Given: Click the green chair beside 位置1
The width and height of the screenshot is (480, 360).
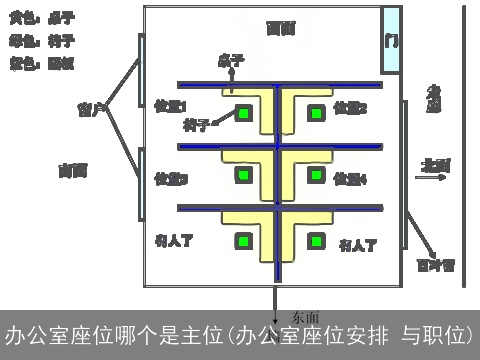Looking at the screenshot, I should (x=242, y=112).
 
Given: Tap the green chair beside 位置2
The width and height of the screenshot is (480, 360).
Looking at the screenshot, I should (x=315, y=112).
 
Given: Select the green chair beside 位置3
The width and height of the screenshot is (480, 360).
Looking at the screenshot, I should (x=242, y=176).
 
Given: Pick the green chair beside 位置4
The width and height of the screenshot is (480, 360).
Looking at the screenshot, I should (x=315, y=176).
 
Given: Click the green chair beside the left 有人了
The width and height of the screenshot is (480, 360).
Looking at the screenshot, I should (x=242, y=241).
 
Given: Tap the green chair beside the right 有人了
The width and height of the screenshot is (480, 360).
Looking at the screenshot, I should (x=315, y=241).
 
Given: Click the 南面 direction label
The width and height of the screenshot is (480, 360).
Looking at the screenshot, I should (x=73, y=171).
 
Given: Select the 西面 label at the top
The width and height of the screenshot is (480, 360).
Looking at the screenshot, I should (x=280, y=29).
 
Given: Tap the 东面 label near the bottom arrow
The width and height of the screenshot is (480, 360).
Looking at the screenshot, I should (x=303, y=317).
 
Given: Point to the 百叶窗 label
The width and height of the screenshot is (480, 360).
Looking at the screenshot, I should (x=436, y=266).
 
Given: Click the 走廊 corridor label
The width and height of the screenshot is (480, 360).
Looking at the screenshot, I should (x=433, y=100).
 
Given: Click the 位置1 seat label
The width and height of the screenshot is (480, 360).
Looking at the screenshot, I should (x=171, y=106).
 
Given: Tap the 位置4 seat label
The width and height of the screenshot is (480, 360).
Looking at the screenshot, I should (x=350, y=179).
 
